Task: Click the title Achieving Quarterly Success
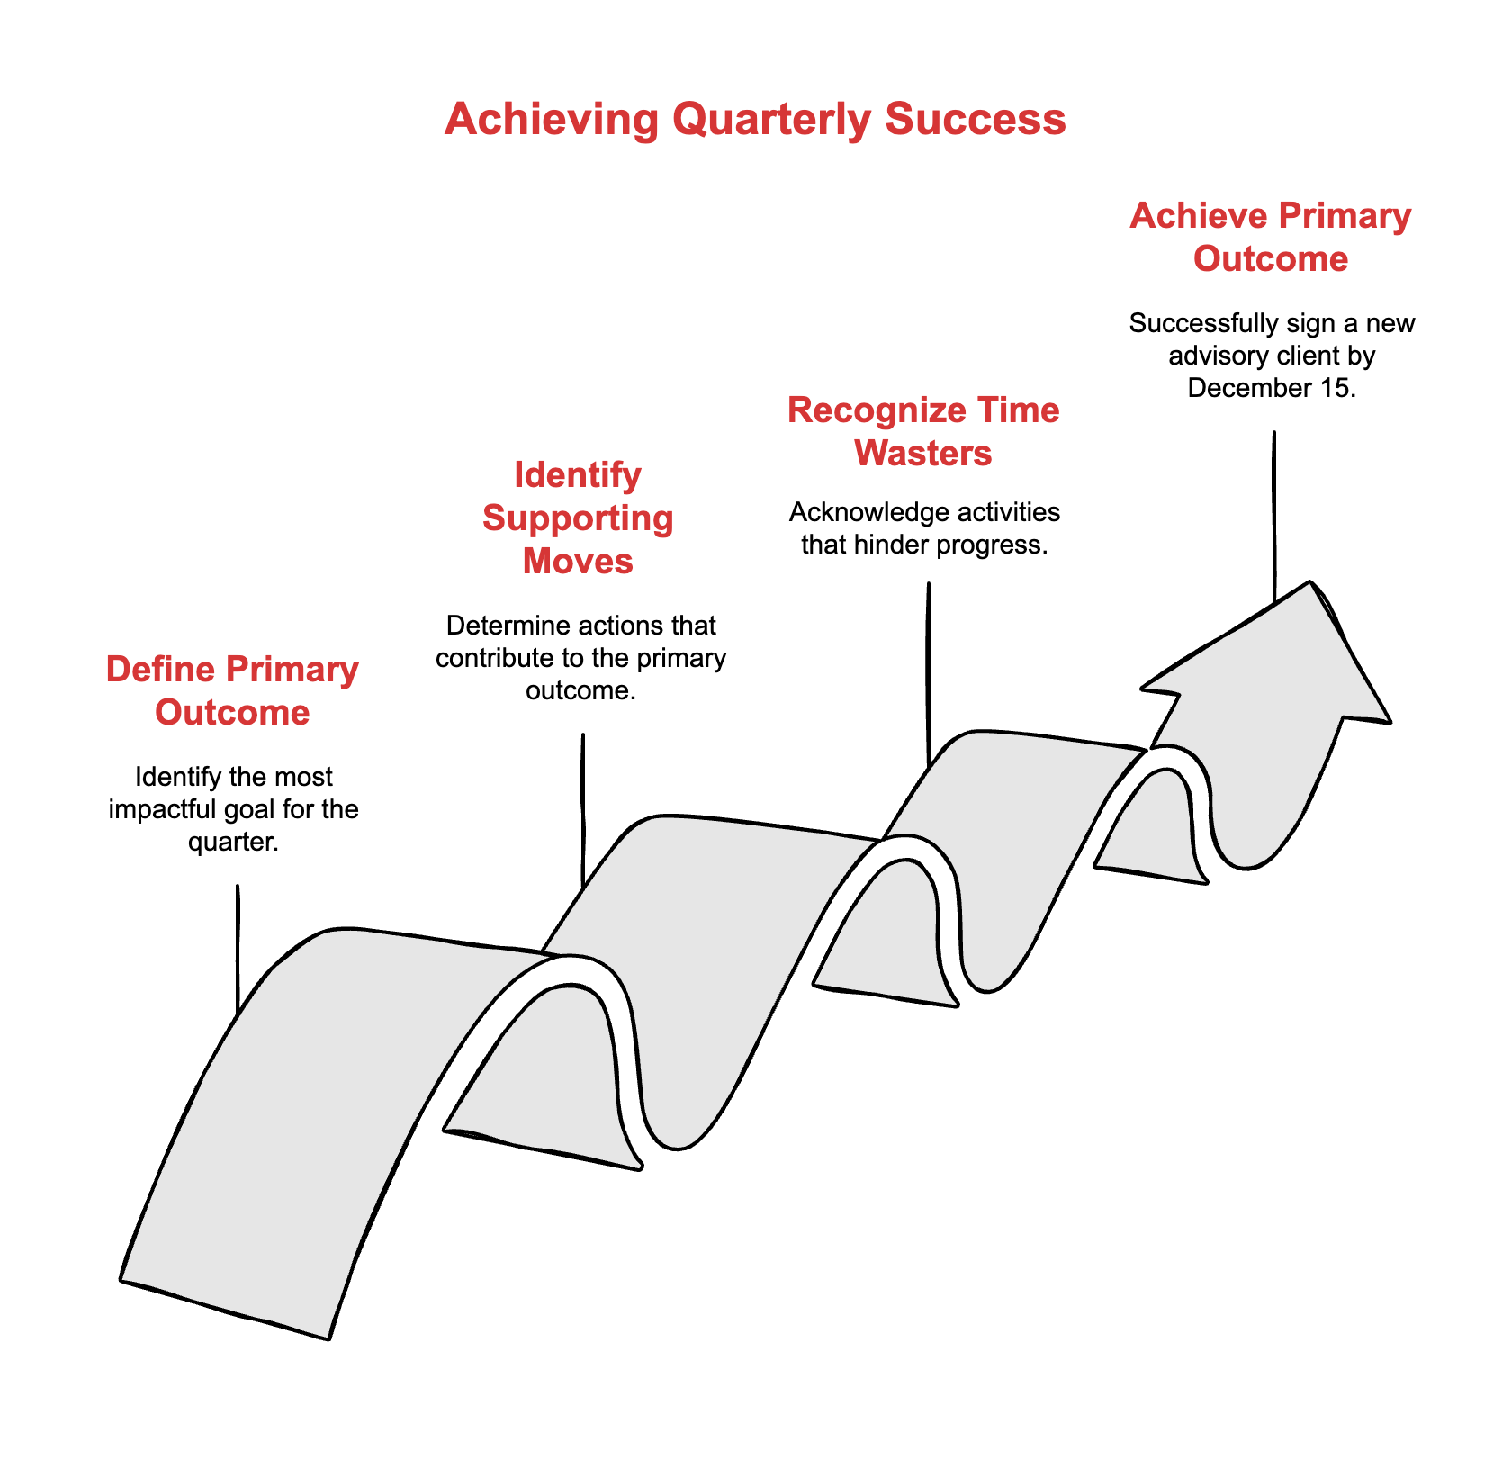pos(755,119)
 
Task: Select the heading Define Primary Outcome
pos(232,690)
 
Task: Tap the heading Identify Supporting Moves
pos(578,518)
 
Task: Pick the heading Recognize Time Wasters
pos(923,431)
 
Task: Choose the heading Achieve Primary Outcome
pos(1270,237)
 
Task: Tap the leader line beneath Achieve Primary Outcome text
pos(1273,513)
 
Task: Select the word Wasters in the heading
pos(923,453)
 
